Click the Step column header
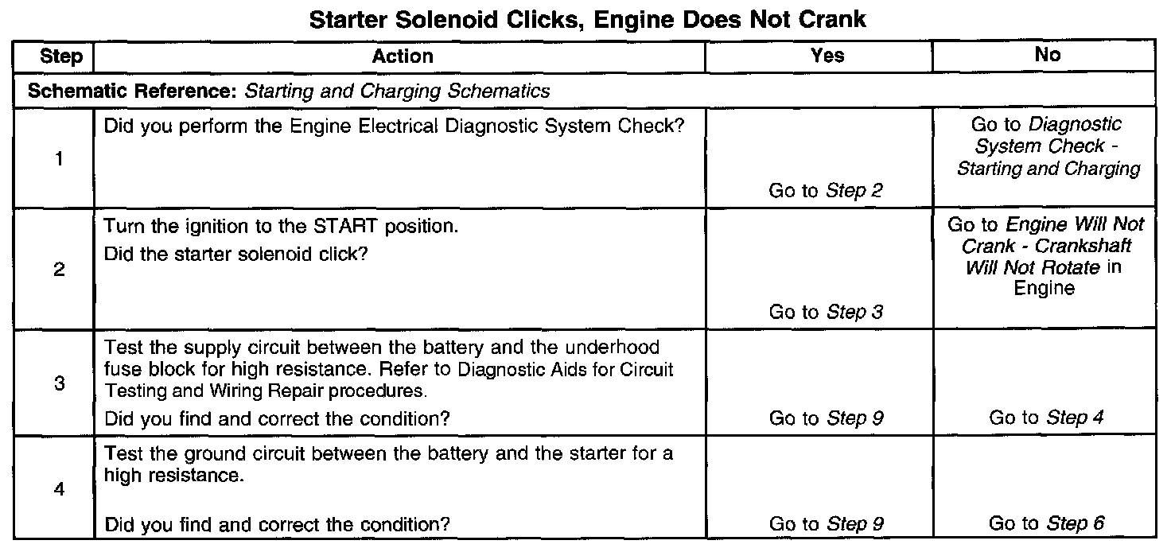60,56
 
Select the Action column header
403,56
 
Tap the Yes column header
827,56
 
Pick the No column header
1048,55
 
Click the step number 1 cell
60,158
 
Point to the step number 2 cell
60,270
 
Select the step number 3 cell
60,383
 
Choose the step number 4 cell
60,489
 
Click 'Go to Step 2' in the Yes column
826,191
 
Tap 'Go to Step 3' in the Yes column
826,313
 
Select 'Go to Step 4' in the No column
1046,418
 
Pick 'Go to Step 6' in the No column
1046,523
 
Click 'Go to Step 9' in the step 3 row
826,418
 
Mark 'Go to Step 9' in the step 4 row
826,524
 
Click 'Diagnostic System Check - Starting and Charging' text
1048,146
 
